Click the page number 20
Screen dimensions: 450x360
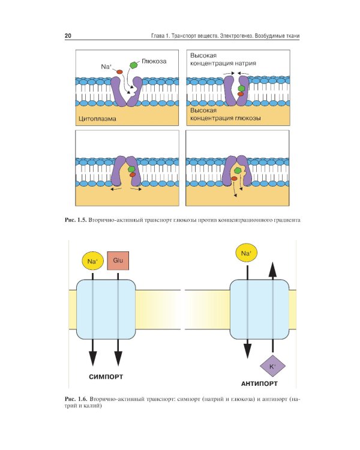(x=68, y=37)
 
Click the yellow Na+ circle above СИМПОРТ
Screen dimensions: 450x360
(x=92, y=261)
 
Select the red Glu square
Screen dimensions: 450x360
(x=118, y=260)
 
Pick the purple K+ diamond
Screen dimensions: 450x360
(x=272, y=365)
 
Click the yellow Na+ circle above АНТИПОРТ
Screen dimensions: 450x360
(x=246, y=254)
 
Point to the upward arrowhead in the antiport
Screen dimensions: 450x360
(x=272, y=268)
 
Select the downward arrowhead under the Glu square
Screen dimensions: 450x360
(x=118, y=358)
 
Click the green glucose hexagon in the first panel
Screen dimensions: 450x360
(x=134, y=65)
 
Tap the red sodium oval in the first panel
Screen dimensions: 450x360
(x=119, y=72)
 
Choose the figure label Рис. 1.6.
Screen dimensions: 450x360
(x=76, y=398)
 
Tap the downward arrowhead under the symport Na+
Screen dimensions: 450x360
(x=92, y=358)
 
